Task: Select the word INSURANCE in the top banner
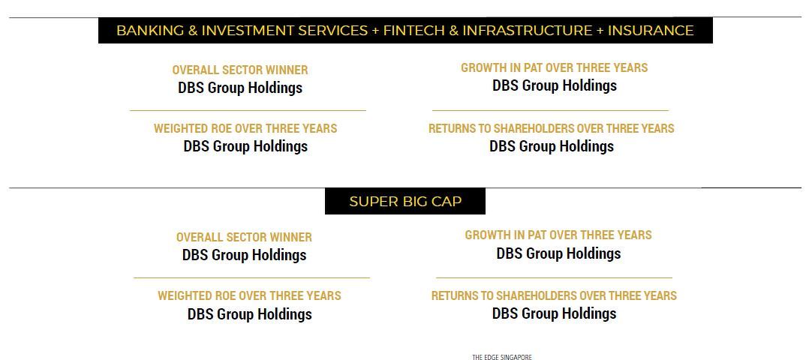(x=651, y=31)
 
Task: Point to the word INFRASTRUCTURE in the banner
(x=527, y=31)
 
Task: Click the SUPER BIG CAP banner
(x=405, y=201)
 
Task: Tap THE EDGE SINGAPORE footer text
(x=502, y=357)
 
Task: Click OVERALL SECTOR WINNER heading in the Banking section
(x=239, y=70)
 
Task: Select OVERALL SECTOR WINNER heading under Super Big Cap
(x=244, y=238)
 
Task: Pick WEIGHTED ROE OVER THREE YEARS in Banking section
(x=245, y=128)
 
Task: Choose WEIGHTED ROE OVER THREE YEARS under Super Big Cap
(x=249, y=295)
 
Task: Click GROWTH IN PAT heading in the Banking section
(x=554, y=67)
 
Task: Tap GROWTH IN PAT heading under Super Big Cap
(x=558, y=235)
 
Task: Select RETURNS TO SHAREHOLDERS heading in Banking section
(x=551, y=128)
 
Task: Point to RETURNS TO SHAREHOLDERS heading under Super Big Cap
(x=554, y=295)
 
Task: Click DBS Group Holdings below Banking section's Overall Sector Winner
(x=239, y=88)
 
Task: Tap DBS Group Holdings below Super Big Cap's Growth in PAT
(x=558, y=254)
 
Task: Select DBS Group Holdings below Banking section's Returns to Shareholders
(x=551, y=146)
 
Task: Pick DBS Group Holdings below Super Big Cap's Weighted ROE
(x=249, y=314)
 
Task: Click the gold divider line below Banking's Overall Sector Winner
(x=248, y=110)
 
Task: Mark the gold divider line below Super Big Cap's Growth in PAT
(x=554, y=277)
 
